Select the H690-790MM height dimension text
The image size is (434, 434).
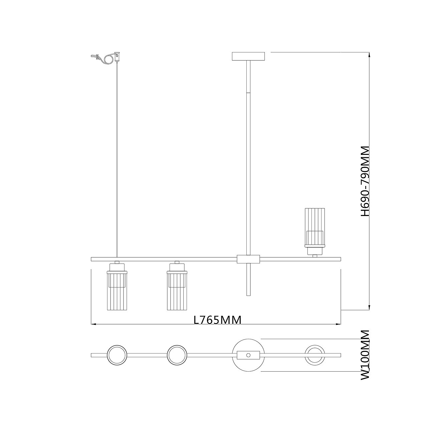point(365,181)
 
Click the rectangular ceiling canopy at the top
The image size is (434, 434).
point(248,56)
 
